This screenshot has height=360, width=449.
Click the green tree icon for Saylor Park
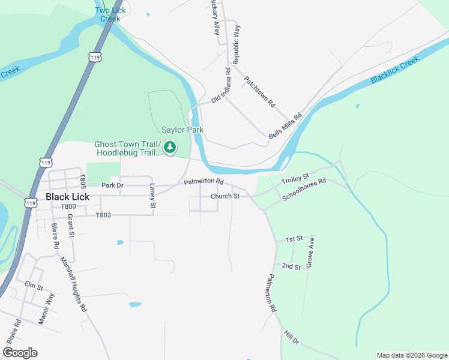170,146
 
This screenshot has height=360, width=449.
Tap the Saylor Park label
182,130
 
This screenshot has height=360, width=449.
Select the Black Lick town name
67,197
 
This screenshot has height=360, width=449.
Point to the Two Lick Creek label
110,14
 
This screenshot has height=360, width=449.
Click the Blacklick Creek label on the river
394,71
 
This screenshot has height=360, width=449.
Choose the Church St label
225,196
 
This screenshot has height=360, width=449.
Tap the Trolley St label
295,178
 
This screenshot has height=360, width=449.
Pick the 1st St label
294,239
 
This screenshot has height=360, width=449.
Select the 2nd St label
291,266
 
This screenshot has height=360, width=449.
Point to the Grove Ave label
311,252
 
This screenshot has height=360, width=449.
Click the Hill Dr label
291,338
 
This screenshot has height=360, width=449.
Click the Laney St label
152,197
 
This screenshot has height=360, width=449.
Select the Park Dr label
112,185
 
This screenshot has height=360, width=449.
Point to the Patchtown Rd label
259,92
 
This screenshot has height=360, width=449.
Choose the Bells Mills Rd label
284,127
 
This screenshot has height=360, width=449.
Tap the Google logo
20,353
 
